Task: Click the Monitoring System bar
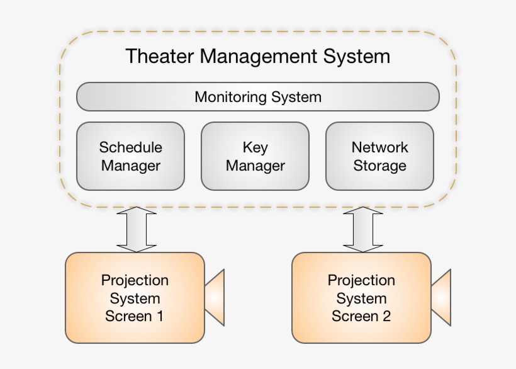pyautogui.click(x=257, y=97)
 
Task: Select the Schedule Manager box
pyautogui.click(x=130, y=156)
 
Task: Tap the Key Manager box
pyautogui.click(x=255, y=156)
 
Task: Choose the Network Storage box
pyautogui.click(x=379, y=156)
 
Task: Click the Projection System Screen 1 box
pyautogui.click(x=135, y=298)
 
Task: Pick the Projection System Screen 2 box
pyautogui.click(x=361, y=298)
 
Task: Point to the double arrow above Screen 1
pyautogui.click(x=137, y=230)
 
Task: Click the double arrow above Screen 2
pyautogui.click(x=363, y=230)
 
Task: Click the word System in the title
pyautogui.click(x=357, y=57)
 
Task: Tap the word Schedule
pyautogui.click(x=130, y=147)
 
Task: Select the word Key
pyautogui.click(x=255, y=148)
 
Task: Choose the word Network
pyautogui.click(x=379, y=147)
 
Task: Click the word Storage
pyautogui.click(x=379, y=166)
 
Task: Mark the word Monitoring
pyautogui.click(x=230, y=98)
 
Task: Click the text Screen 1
pyautogui.click(x=135, y=316)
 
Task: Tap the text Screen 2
pyautogui.click(x=361, y=316)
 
